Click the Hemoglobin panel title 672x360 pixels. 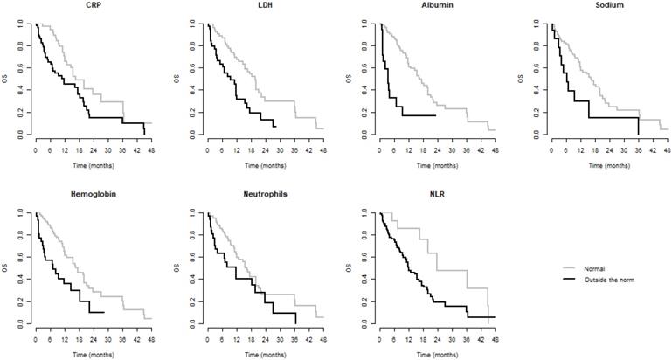click(x=93, y=194)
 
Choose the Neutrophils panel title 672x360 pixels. click(x=265, y=194)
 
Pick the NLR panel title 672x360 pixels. click(x=436, y=194)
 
